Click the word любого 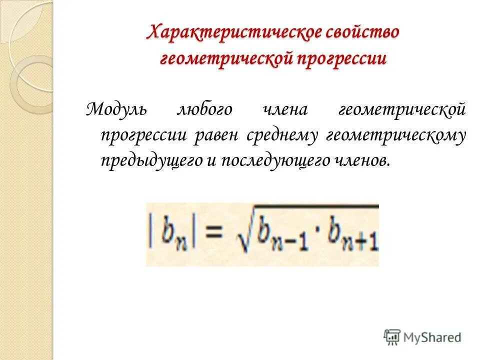tap(204, 108)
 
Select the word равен tap(216, 135)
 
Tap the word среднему tap(282, 135)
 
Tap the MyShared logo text tap(432, 337)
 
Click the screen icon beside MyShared tap(392, 337)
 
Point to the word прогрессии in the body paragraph tap(144, 135)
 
